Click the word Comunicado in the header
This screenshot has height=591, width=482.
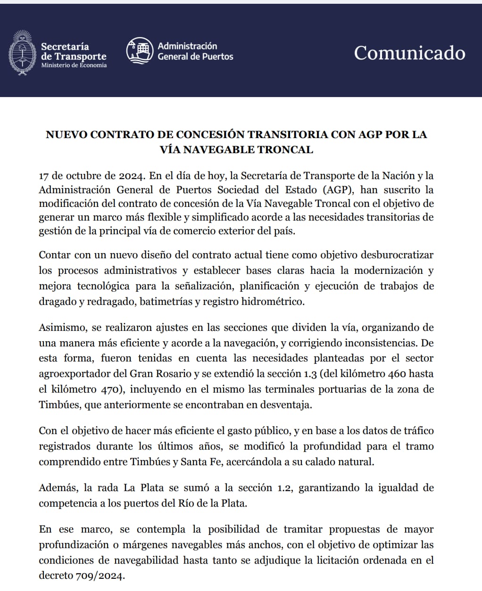click(409, 53)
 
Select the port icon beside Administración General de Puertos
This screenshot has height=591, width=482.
click(140, 51)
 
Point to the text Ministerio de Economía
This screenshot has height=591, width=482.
click(74, 66)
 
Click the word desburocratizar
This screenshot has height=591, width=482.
click(397, 255)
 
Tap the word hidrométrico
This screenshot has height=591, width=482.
click(273, 302)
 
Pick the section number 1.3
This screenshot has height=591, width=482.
click(311, 374)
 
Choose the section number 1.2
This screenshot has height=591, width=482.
click(282, 488)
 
